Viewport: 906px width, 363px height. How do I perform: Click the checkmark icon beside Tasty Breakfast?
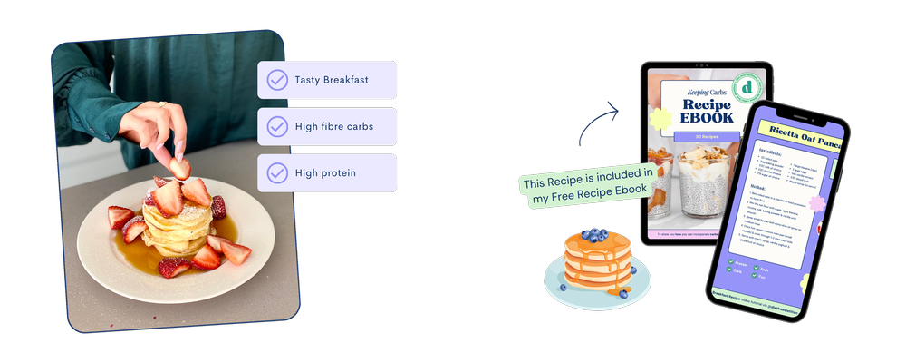coord(277,80)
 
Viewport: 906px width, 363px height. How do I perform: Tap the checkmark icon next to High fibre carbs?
coord(277,126)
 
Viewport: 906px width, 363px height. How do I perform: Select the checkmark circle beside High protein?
coord(277,172)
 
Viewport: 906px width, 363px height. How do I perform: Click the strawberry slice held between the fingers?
coord(180,169)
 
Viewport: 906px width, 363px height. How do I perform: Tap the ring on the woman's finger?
coord(162,104)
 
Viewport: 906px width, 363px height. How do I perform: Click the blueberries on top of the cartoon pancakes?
coord(594,235)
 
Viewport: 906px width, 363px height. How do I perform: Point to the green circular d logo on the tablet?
coord(748,87)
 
